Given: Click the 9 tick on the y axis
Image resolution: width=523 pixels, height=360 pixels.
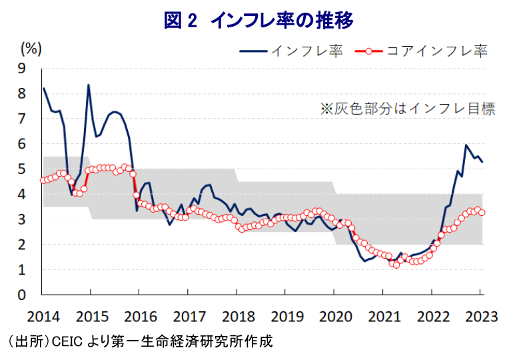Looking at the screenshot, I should [22, 68].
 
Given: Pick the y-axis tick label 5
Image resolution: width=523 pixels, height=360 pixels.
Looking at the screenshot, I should [22, 169].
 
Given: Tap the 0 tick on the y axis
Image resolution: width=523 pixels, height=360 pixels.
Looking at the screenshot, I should [22, 295].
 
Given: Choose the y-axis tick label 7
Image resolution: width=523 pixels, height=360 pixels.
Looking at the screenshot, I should [22, 119].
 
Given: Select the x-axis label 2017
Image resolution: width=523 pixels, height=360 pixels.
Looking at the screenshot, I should [188, 313].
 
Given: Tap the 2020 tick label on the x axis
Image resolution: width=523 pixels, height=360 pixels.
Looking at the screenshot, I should [334, 313].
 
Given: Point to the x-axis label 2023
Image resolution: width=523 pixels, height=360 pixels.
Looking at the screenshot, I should [481, 313].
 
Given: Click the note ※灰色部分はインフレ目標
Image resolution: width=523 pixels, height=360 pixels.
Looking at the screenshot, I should [408, 109].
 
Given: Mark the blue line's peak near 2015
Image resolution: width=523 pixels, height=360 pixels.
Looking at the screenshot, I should [89, 85].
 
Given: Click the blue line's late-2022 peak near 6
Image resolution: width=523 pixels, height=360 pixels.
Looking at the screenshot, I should [466, 145].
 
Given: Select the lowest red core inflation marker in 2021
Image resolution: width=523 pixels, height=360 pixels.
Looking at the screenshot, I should [396, 265].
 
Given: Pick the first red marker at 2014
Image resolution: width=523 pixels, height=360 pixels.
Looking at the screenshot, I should [43, 180].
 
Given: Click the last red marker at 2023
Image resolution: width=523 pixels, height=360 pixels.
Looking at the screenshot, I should [482, 213].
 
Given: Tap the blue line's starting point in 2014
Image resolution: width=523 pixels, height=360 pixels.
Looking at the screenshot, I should [43, 88].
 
